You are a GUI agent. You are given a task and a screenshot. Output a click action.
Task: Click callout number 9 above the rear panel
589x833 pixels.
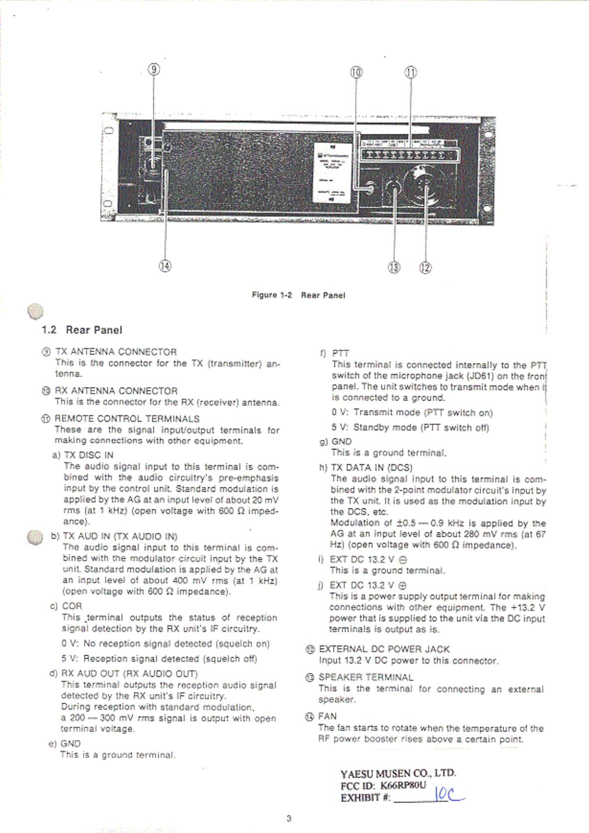pyautogui.click(x=154, y=69)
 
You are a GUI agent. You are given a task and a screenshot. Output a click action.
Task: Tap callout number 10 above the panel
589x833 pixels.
pyautogui.click(x=356, y=72)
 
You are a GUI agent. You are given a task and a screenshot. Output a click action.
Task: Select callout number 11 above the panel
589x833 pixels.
pyautogui.click(x=410, y=72)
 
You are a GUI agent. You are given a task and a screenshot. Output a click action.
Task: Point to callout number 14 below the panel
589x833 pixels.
pyautogui.click(x=165, y=266)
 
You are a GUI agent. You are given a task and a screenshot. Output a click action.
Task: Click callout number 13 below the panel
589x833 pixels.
pyautogui.click(x=394, y=268)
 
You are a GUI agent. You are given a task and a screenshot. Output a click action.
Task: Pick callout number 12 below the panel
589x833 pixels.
pyautogui.click(x=425, y=268)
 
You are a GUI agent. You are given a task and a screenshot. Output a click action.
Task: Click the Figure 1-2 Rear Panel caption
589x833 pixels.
pyautogui.click(x=298, y=295)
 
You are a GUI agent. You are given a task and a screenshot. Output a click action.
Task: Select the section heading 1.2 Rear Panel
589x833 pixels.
pyautogui.click(x=82, y=330)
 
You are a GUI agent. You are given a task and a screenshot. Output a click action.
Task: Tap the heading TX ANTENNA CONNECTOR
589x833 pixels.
pyautogui.click(x=116, y=352)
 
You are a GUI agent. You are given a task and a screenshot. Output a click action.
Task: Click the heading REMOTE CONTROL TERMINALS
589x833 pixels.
pyautogui.click(x=127, y=418)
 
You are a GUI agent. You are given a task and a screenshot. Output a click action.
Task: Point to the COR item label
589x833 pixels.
pyautogui.click(x=72, y=606)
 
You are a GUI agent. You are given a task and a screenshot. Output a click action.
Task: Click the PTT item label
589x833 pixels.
pyautogui.click(x=340, y=353)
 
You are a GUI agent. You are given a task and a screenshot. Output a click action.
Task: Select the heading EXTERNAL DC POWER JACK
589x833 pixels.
pyautogui.click(x=384, y=649)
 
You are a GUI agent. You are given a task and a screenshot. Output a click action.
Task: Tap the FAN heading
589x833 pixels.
pyautogui.click(x=327, y=716)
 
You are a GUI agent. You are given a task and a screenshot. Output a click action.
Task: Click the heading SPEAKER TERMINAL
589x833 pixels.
pyautogui.click(x=366, y=677)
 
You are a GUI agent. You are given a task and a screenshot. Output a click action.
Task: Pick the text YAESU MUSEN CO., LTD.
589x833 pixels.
pyautogui.click(x=398, y=774)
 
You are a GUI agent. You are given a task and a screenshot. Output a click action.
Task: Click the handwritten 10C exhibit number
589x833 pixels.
pyautogui.click(x=448, y=794)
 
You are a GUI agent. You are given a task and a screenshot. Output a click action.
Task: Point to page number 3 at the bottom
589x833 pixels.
pyautogui.click(x=289, y=819)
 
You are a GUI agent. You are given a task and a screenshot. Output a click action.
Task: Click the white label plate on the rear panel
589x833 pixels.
pyautogui.click(x=331, y=172)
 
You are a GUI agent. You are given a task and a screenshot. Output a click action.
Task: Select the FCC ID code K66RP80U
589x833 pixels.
pyautogui.click(x=403, y=785)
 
